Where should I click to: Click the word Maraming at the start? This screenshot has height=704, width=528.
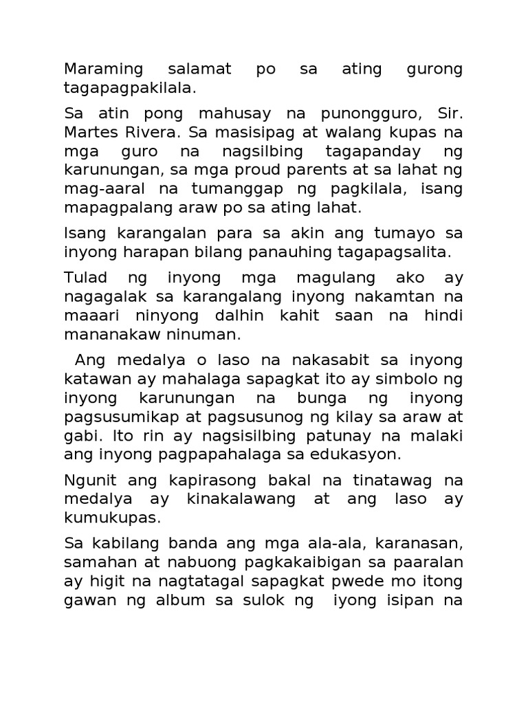103,69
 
